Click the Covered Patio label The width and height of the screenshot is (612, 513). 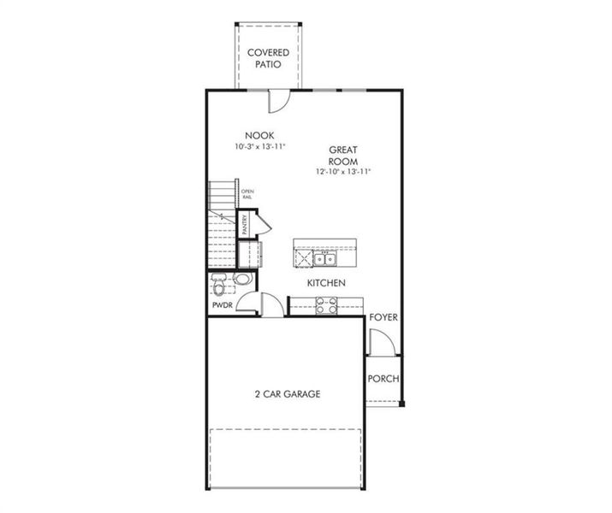268,57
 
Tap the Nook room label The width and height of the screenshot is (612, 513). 259,135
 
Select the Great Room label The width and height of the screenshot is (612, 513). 343,156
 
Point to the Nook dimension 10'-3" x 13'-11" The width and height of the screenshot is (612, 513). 259,147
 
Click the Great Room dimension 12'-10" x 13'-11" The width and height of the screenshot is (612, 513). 343,172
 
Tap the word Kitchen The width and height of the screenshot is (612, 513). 327,283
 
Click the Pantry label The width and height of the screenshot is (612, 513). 245,225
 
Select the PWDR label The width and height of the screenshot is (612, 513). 223,305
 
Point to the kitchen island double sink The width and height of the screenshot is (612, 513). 324,258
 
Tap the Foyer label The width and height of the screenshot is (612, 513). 383,318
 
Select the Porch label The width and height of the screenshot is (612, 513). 383,379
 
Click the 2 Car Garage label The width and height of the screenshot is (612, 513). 288,394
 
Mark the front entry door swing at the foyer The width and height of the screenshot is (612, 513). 381,342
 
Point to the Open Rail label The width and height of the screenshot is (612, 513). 247,194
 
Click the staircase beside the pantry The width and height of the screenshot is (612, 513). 222,227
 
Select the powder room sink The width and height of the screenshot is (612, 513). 243,279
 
